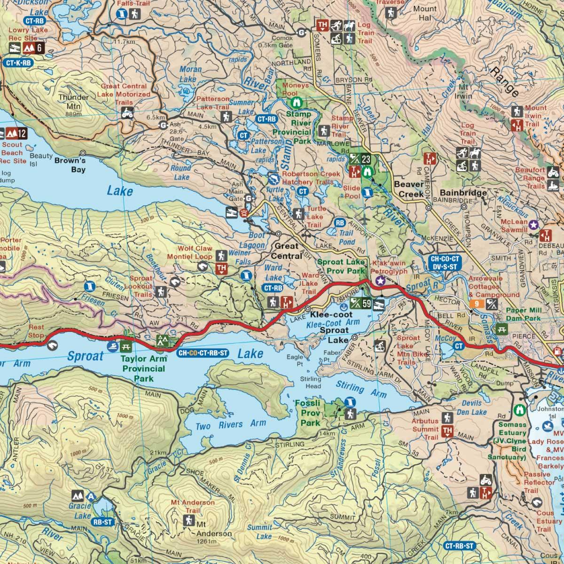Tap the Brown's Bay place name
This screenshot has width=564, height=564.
click(x=70, y=165)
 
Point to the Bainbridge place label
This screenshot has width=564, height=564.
click(x=463, y=193)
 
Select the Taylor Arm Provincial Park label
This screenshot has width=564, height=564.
click(x=143, y=369)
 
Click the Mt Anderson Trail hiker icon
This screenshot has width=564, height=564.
click(x=189, y=520)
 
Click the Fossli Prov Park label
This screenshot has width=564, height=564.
click(x=310, y=413)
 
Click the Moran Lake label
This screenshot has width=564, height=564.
click(x=191, y=74)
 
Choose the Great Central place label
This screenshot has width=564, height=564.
click(x=287, y=251)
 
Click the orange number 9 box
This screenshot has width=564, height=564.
click(x=477, y=304)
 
